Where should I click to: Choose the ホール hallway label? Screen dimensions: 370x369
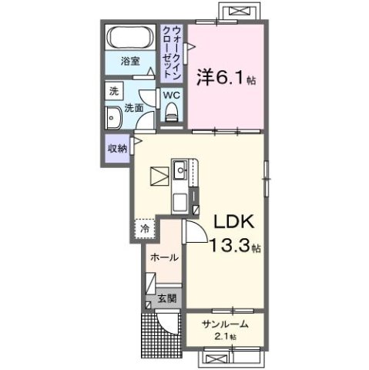(165, 257)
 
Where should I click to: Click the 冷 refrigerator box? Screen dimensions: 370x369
(145, 228)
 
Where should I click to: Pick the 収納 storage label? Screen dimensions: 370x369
(118, 149)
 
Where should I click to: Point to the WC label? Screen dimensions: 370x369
(171, 96)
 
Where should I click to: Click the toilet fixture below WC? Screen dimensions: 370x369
(171, 113)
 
